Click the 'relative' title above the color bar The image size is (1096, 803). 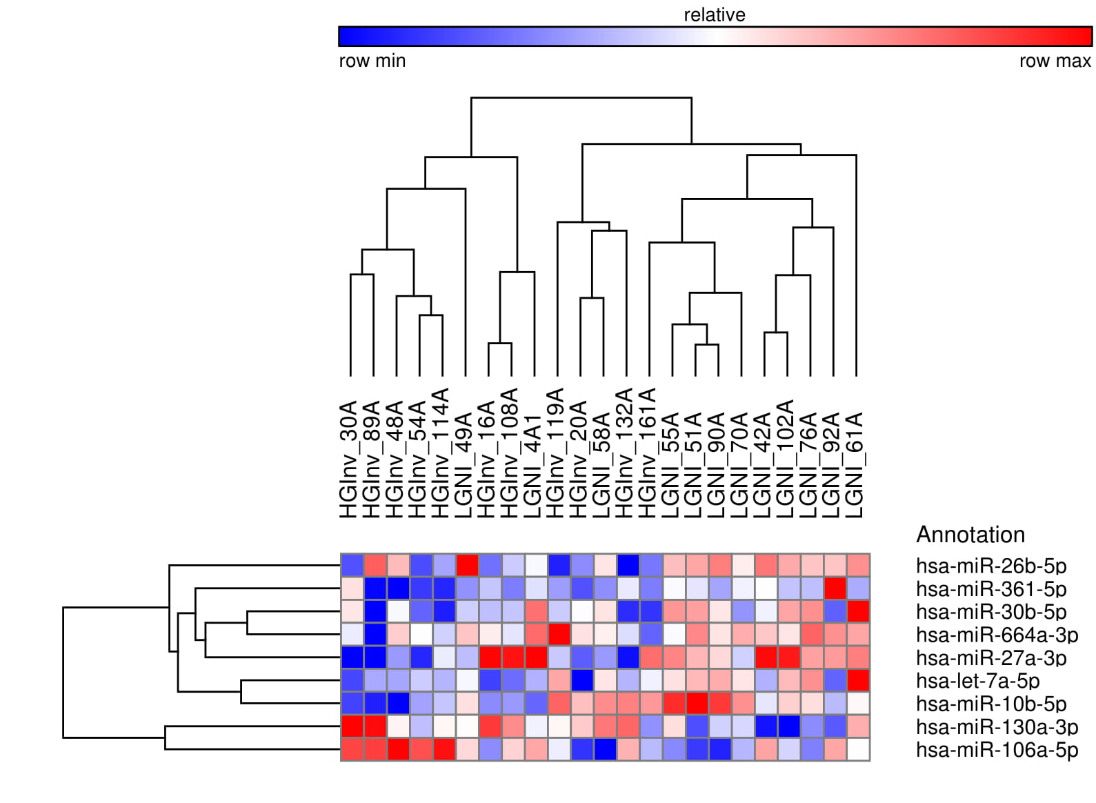[x=714, y=14]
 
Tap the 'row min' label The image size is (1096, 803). [x=372, y=61]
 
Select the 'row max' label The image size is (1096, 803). [x=1055, y=61]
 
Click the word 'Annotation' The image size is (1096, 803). [x=970, y=535]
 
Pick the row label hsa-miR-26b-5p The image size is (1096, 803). [x=991, y=566]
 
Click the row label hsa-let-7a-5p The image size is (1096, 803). [x=978, y=681]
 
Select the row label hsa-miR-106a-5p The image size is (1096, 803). [x=997, y=750]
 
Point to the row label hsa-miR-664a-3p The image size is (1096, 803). [x=997, y=635]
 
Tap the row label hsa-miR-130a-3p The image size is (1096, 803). [x=997, y=726]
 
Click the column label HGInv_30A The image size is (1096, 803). [x=349, y=459]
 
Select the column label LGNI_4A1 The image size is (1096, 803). [x=533, y=466]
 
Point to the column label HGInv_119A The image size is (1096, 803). [x=556, y=453]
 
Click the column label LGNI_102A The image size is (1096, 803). [x=786, y=459]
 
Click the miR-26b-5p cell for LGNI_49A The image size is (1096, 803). [x=467, y=565]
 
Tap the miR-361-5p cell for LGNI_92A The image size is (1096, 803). [x=835, y=588]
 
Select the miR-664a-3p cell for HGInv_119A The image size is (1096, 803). [x=559, y=634]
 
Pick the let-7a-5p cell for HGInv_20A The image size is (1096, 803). [x=582, y=680]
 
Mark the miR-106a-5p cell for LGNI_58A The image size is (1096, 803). [x=605, y=749]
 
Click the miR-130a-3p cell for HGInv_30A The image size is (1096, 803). [x=352, y=726]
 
